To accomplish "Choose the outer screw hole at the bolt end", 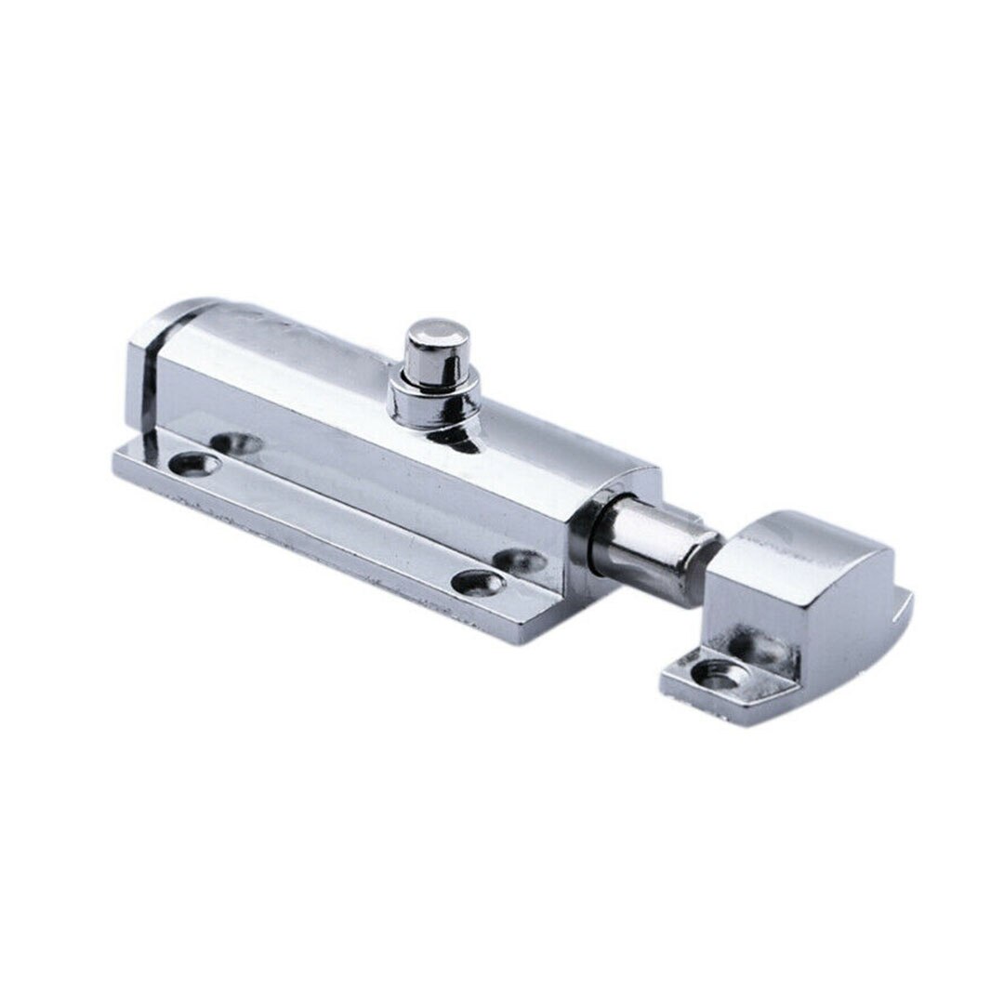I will pyautogui.click(x=480, y=583).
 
